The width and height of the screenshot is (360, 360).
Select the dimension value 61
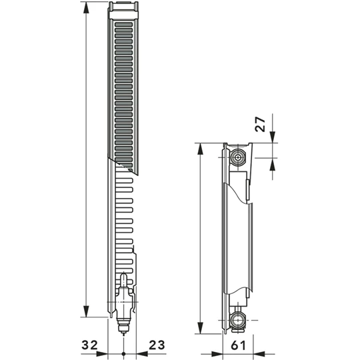[x=237, y=345]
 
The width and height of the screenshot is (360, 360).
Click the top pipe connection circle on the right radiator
[x=238, y=158]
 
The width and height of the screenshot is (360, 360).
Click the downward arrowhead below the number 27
[x=273, y=137]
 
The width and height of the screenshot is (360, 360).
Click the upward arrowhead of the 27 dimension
[x=273, y=163]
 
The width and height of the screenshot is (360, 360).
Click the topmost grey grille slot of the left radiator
[x=123, y=23]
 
